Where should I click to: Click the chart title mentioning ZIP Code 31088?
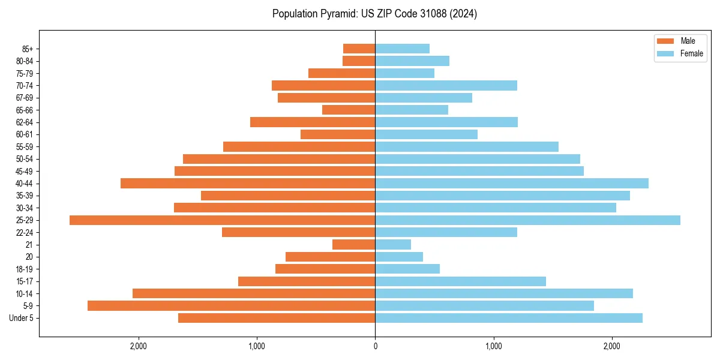(x=374, y=14)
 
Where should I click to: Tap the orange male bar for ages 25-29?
(x=222, y=220)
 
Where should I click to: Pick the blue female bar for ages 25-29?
(x=527, y=220)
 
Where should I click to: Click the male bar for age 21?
(x=353, y=245)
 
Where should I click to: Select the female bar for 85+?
(x=402, y=49)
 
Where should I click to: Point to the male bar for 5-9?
(x=231, y=306)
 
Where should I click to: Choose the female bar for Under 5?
(x=508, y=318)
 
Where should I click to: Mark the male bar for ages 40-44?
(x=247, y=184)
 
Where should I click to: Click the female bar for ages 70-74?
(x=446, y=86)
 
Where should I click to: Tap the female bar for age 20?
(x=399, y=257)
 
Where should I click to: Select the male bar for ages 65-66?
(x=349, y=110)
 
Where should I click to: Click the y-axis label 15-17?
(x=24, y=281)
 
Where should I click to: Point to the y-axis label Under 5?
(x=22, y=318)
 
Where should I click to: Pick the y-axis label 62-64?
(x=24, y=122)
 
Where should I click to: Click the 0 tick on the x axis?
(x=375, y=346)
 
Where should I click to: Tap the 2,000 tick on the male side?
(x=139, y=346)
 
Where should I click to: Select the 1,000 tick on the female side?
(x=493, y=346)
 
